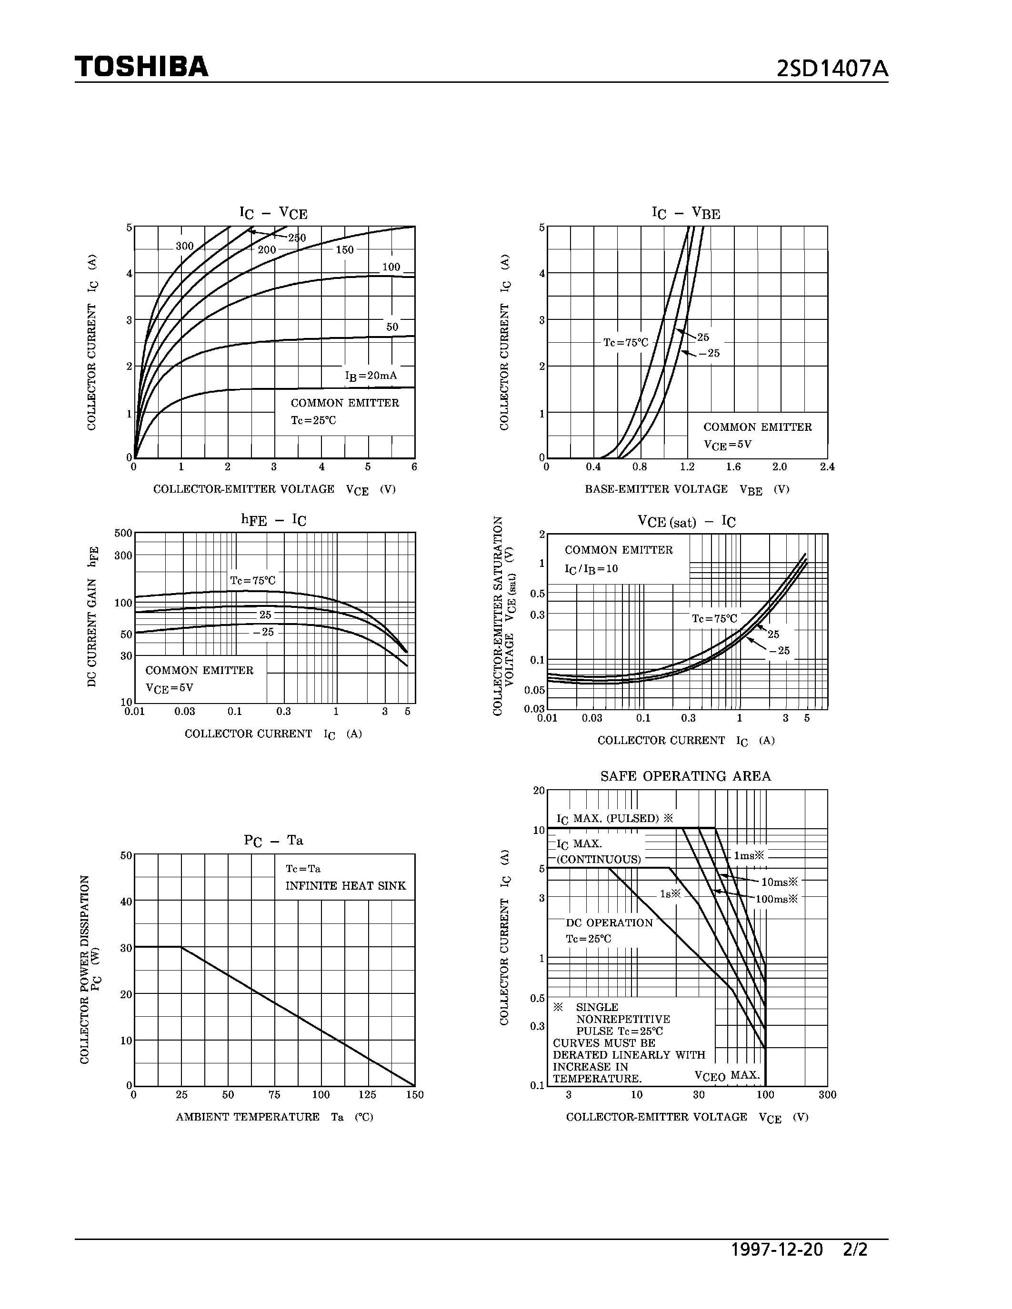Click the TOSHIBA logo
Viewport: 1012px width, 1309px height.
coord(141,67)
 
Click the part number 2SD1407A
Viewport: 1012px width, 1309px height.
coord(832,69)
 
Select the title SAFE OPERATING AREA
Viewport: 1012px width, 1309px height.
coord(685,776)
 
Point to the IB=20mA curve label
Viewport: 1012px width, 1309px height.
coord(371,376)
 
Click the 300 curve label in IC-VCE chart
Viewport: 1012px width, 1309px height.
coord(185,247)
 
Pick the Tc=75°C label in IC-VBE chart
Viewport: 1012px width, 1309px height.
coord(625,343)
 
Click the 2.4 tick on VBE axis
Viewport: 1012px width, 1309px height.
coord(827,467)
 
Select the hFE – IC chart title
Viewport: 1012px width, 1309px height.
coord(273,520)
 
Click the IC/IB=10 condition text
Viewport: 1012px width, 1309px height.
coord(591,569)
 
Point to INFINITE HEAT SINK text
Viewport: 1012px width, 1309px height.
coord(345,886)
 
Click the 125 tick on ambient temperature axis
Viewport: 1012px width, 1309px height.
coord(367,1094)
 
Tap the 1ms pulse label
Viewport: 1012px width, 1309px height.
coord(750,855)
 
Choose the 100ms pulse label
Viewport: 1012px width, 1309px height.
coord(776,899)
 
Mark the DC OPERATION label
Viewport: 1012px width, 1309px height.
coord(609,923)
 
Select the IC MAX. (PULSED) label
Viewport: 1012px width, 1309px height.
coord(614,819)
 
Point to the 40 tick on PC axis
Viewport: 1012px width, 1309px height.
coord(126,902)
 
